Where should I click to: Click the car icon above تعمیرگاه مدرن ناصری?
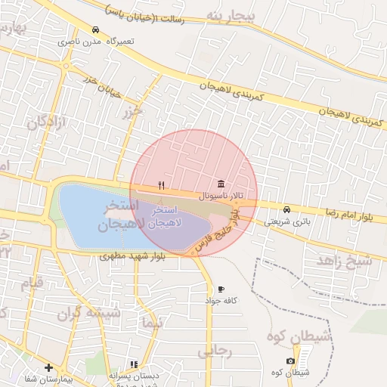tap(95, 30)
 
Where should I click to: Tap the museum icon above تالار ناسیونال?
tap(220, 184)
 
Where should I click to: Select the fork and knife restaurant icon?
tap(161, 185)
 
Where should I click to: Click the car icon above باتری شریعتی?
tap(286, 209)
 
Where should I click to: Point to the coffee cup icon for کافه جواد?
tap(221, 289)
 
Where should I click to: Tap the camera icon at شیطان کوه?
tap(291, 362)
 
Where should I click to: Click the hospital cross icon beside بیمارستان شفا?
tap(49, 367)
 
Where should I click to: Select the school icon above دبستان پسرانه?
tap(135, 364)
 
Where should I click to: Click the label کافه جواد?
tap(221, 300)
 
